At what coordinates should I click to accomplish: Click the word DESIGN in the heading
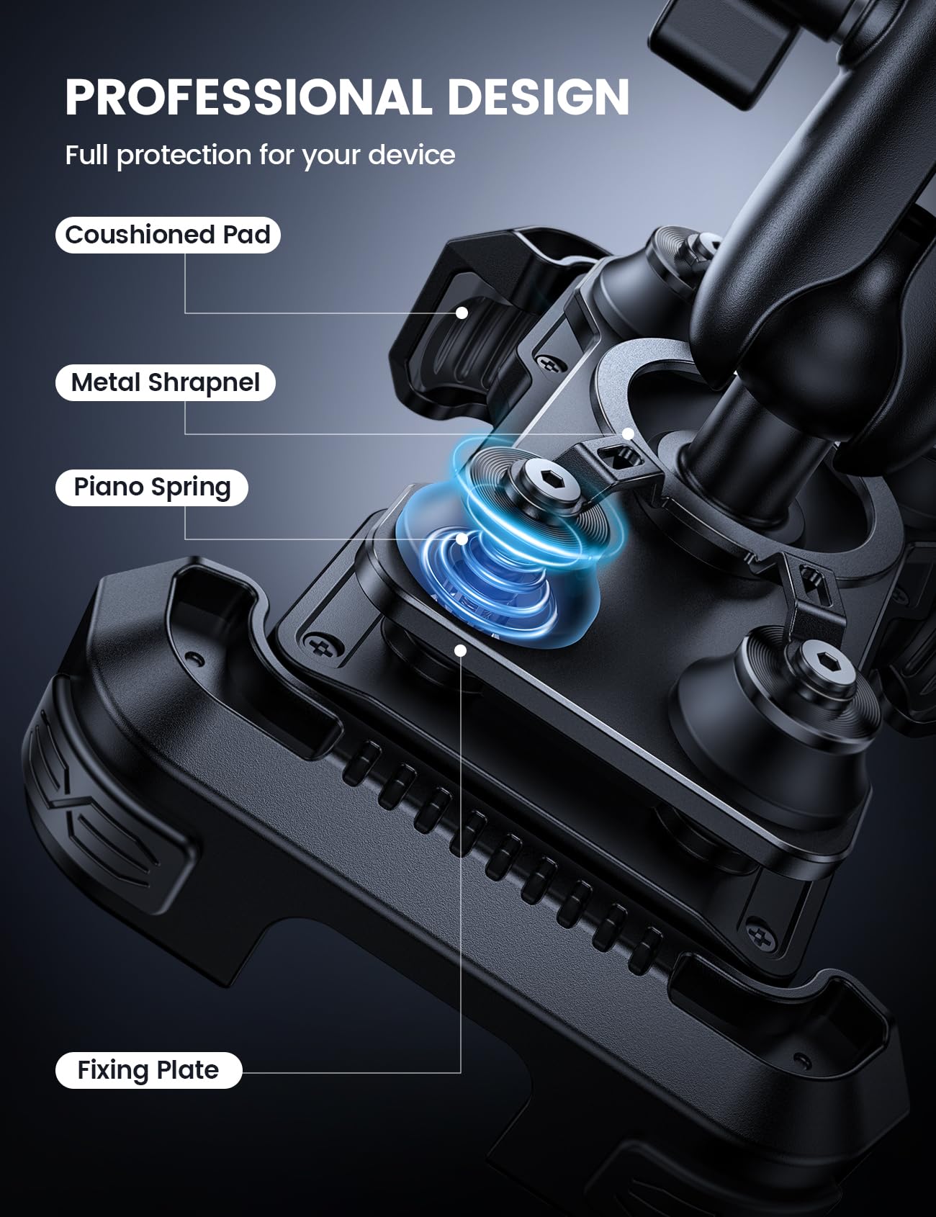(x=538, y=97)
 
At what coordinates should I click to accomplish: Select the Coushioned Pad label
(x=168, y=235)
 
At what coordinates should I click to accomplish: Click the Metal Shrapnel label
(x=166, y=382)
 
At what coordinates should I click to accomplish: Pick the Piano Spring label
(x=152, y=488)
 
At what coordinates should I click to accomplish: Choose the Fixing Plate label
(x=148, y=1070)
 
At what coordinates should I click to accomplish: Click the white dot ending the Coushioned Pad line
(x=462, y=313)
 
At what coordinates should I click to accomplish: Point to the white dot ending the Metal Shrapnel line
(x=628, y=434)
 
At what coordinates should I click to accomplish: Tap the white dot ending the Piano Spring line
(x=462, y=539)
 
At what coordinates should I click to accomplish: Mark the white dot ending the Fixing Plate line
(x=461, y=650)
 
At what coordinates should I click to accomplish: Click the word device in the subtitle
(x=412, y=156)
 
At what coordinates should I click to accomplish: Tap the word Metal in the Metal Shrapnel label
(x=107, y=382)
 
